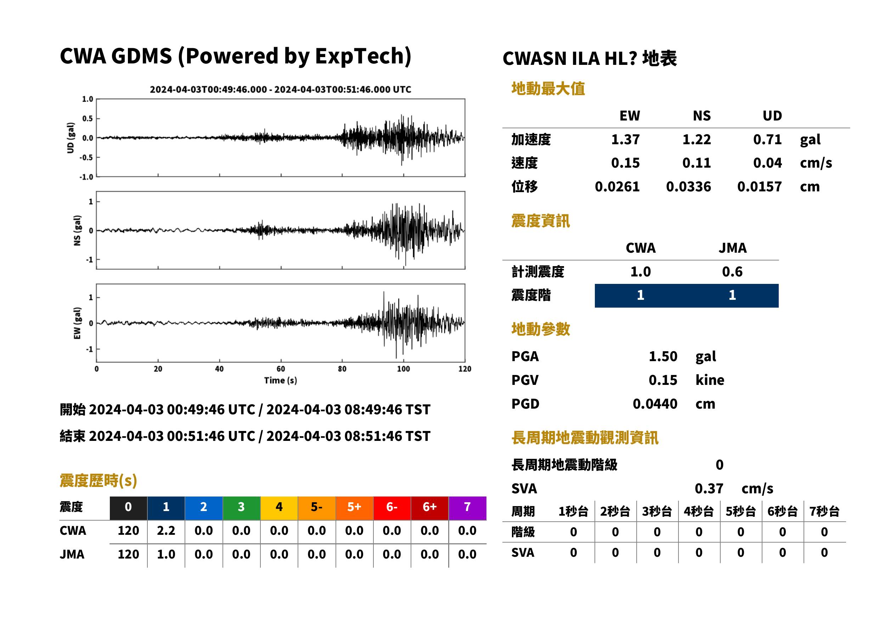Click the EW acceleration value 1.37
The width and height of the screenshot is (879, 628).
click(x=625, y=140)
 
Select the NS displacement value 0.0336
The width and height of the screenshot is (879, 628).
click(x=688, y=187)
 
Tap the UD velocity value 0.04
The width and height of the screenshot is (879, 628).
click(x=767, y=163)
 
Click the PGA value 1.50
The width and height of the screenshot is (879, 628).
click(x=663, y=356)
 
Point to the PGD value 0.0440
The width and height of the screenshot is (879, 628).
click(x=655, y=404)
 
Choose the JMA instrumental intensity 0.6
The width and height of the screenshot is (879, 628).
click(x=732, y=271)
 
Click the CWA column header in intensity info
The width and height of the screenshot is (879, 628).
click(x=641, y=248)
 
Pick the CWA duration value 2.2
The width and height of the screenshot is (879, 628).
click(x=166, y=531)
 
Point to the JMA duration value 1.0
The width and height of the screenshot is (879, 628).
click(x=166, y=554)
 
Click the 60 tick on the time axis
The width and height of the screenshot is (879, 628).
click(x=281, y=369)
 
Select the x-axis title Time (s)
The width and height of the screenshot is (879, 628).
click(x=281, y=381)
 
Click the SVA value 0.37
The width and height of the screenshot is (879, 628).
click(x=709, y=488)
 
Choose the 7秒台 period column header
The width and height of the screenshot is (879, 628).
click(x=824, y=511)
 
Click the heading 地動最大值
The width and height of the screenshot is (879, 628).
click(x=548, y=89)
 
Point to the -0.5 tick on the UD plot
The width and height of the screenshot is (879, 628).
click(x=86, y=158)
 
